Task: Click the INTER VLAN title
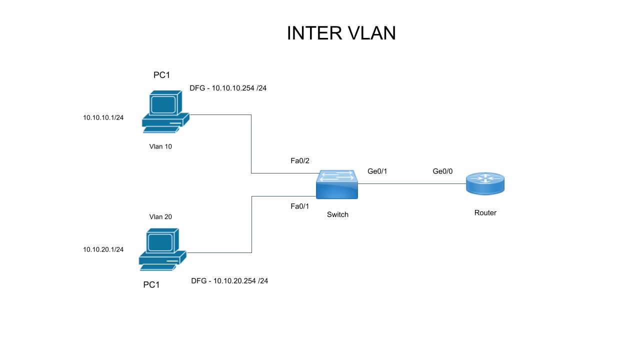(x=341, y=33)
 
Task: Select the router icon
(x=485, y=183)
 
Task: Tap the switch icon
(x=337, y=184)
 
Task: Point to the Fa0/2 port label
(x=300, y=160)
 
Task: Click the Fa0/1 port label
(x=300, y=206)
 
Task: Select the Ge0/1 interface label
(x=377, y=171)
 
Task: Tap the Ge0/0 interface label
(x=442, y=171)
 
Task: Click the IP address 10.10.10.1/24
(x=103, y=117)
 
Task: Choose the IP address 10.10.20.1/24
(x=103, y=249)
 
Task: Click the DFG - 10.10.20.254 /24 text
(x=229, y=280)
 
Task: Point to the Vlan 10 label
(x=160, y=146)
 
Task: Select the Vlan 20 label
(x=160, y=216)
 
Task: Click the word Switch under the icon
(x=337, y=214)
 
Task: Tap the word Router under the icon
(x=485, y=212)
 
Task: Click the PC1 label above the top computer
(x=161, y=75)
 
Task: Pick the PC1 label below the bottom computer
(x=151, y=284)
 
